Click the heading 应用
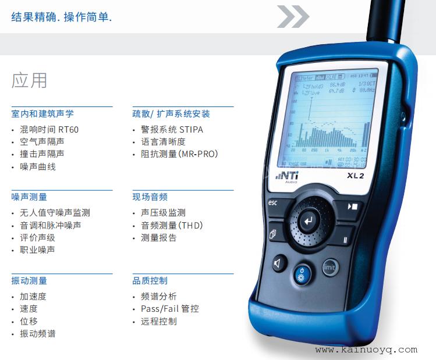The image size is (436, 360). point(29,80)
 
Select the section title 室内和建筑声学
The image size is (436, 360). point(42,114)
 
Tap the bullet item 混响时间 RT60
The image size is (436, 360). point(49,129)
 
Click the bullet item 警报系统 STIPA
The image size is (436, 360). point(172,129)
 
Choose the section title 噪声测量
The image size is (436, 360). point(29,197)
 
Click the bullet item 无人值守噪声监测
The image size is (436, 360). point(55,213)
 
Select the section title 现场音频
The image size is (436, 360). point(150,197)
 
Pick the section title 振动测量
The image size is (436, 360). point(29,281)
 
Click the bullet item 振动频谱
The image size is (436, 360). point(38,334)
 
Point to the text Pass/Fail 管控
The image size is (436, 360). point(169,309)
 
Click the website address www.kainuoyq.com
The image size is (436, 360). point(366,350)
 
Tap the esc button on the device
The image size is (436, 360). point(274,204)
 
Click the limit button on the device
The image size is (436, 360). point(329,268)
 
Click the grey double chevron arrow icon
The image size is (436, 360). point(292,17)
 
